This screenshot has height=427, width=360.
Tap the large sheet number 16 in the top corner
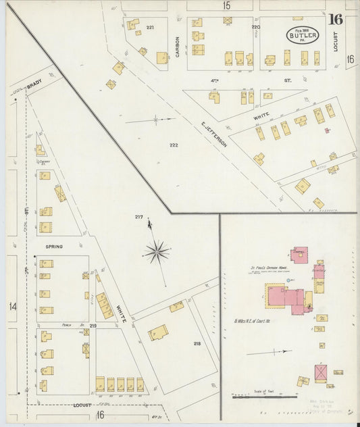335,19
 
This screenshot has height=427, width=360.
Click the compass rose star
156,252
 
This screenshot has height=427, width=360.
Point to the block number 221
150,27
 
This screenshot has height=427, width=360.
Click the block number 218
197,344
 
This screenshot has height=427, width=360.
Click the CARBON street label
178,45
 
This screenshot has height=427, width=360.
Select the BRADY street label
35,86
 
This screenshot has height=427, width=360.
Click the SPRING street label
54,247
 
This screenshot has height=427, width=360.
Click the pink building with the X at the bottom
320,373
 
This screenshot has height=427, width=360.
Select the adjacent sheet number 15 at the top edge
226,5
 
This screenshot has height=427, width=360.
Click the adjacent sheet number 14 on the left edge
12,307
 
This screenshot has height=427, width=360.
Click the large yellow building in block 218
158,332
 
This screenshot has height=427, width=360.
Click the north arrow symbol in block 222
155,120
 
